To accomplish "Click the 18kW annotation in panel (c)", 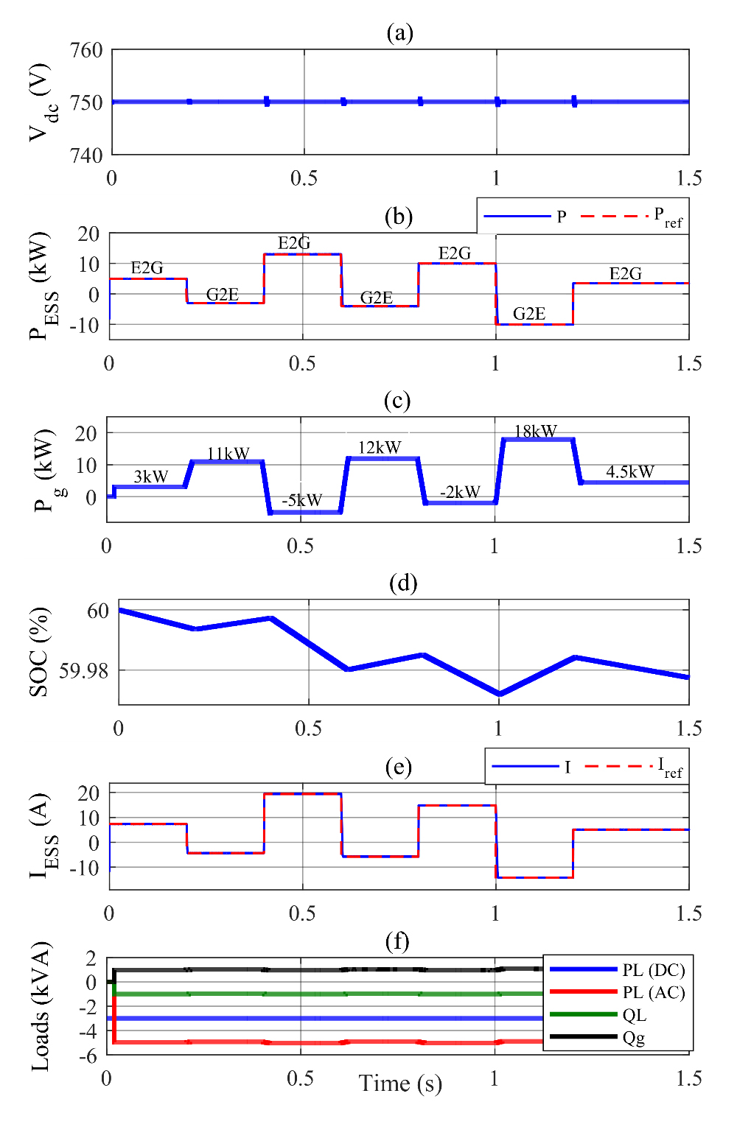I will (x=535, y=432).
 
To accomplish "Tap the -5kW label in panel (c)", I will (x=301, y=500).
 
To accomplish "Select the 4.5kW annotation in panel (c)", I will (x=630, y=472).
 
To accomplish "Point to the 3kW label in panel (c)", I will (x=151, y=477).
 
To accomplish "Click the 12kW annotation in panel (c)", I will (x=380, y=448).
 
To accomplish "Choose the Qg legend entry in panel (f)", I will (x=634, y=1038).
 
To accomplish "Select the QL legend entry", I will (x=634, y=1015).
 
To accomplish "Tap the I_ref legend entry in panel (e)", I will (x=669, y=768).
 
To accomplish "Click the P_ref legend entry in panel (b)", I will (x=668, y=217).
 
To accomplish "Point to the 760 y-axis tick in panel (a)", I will (x=86, y=50).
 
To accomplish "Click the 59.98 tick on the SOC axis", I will (x=83, y=670).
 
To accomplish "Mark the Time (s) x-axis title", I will (x=400, y=1084).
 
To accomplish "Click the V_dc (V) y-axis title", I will (x=40, y=102).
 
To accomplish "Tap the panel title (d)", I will (x=403, y=583).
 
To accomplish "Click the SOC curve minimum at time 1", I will (x=500, y=694).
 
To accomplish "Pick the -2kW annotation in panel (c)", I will (x=460, y=492).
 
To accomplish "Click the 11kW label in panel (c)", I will (x=228, y=454).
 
